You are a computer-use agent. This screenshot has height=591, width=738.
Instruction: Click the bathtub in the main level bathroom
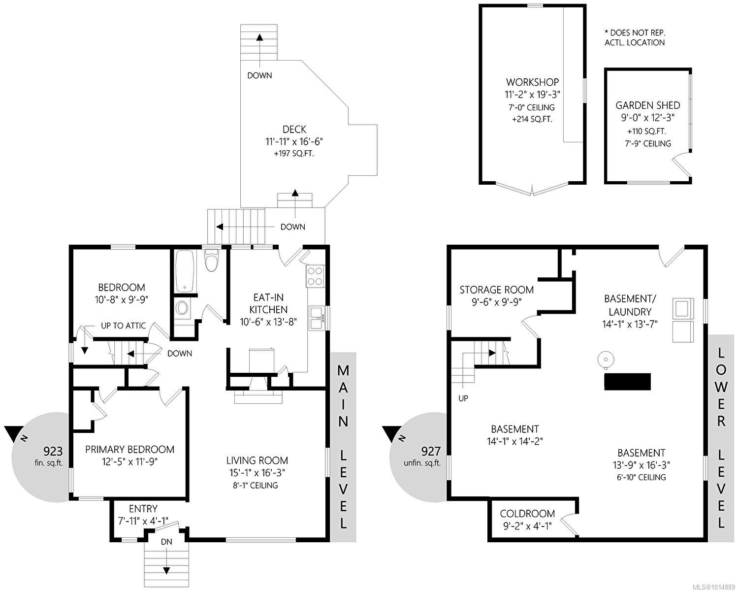185,271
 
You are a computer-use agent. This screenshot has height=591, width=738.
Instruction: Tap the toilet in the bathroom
211,261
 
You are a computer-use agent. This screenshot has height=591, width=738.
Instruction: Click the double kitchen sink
316,318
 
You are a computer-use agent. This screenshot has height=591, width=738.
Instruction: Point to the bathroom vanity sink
182,309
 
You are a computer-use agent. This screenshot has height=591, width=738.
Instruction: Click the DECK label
294,130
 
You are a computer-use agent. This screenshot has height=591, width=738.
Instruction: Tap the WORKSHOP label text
532,82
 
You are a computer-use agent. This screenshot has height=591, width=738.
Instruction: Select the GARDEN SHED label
647,105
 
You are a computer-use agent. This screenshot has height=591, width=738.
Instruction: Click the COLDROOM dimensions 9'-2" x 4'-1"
527,526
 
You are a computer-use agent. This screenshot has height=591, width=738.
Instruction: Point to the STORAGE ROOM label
496,290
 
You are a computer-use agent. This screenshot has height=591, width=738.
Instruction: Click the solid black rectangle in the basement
627,382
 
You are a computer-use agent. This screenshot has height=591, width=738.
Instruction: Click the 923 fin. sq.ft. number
53,451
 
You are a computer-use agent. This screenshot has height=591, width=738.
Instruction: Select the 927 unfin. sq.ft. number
430,451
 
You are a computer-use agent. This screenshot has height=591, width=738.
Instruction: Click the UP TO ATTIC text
123,326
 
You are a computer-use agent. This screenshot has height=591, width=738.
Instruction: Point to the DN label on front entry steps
166,542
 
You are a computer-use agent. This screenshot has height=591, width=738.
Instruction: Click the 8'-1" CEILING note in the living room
256,486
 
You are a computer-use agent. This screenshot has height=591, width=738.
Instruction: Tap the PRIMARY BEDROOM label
129,449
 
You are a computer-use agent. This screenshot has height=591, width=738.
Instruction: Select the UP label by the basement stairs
463,398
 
